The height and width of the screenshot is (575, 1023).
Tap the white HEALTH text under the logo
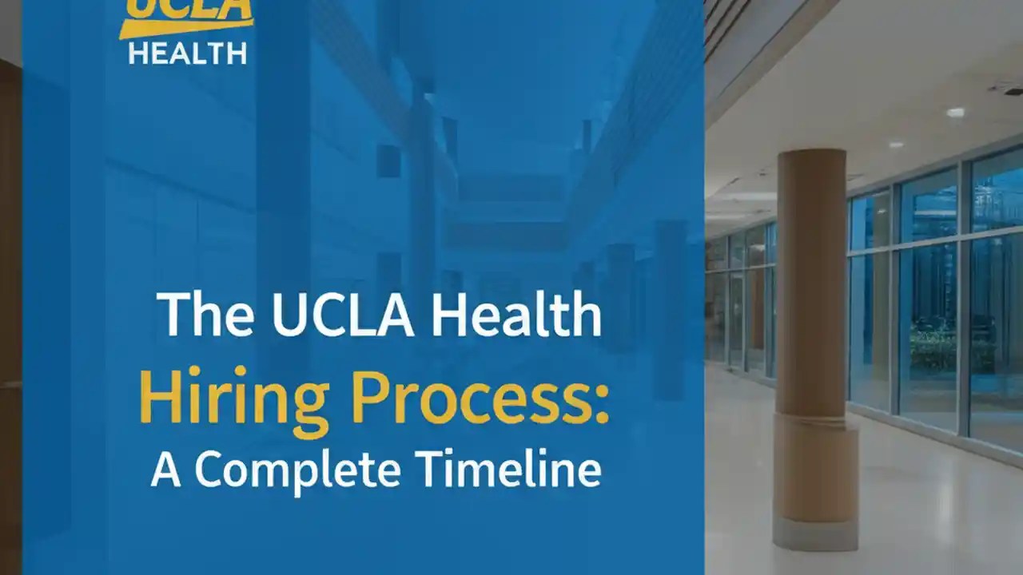point(187,54)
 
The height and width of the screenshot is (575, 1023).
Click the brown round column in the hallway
point(811,287)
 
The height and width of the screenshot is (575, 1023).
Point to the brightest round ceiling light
point(955,113)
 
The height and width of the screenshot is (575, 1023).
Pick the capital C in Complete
point(212,468)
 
